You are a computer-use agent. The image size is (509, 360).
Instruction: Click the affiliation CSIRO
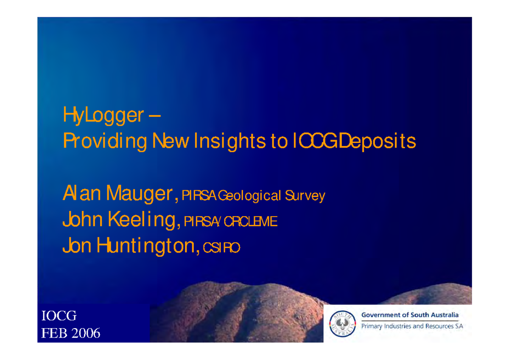[x=221, y=248]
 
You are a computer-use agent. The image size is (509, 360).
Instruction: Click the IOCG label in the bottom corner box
[x=59, y=316]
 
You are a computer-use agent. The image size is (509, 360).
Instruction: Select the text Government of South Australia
[x=410, y=315]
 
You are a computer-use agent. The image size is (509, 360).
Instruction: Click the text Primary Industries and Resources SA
[x=412, y=327]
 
